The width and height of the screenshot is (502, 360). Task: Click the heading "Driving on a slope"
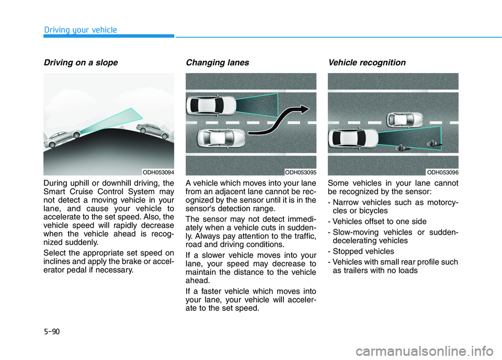[x=81, y=63]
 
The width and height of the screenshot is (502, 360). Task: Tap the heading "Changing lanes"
[x=218, y=63]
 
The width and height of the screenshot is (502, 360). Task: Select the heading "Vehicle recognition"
[x=366, y=63]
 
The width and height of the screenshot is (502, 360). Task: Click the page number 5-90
[x=52, y=331]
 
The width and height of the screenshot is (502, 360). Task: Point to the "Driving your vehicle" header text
[x=80, y=30]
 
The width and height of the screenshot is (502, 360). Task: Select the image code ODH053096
[x=442, y=171]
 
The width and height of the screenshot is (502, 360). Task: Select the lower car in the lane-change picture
[x=221, y=138]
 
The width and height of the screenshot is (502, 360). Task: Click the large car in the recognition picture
[x=352, y=138]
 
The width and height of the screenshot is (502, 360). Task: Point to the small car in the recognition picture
[x=405, y=120]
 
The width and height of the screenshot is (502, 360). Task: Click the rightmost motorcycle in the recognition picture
[x=433, y=142]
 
